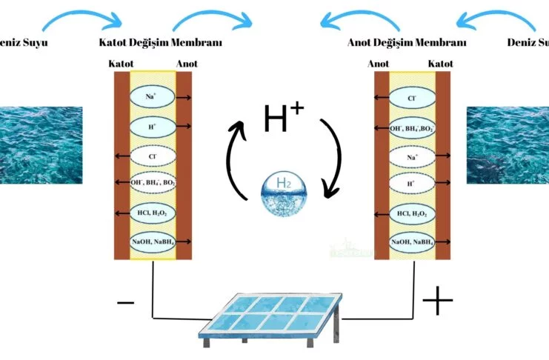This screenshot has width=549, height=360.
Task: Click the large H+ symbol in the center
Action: [x=283, y=119]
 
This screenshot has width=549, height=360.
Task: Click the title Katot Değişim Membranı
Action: [x=160, y=42]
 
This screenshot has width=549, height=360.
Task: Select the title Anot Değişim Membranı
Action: [x=407, y=42]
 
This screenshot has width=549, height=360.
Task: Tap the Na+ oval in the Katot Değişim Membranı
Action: [x=153, y=96]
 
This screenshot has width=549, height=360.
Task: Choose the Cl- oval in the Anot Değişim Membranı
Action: [x=412, y=97]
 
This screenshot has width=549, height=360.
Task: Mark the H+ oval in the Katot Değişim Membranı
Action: [x=153, y=127]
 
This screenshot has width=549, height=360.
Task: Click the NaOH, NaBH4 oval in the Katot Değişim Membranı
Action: [x=153, y=241]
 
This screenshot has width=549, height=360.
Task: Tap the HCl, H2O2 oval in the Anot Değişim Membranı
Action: [x=412, y=213]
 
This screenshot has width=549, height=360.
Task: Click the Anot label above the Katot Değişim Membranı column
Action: [x=186, y=64]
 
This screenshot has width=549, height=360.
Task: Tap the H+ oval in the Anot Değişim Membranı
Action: [x=412, y=185]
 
